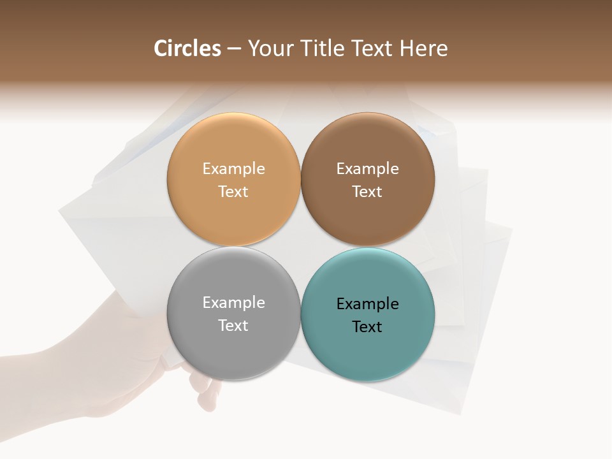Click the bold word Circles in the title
187,48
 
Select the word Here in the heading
423,48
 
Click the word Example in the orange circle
233,168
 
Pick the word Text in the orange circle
233,191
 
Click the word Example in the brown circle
367,168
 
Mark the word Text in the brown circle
367,191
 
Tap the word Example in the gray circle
233,302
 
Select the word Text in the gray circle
233,325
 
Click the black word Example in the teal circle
367,303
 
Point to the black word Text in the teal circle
367,326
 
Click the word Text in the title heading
374,48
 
